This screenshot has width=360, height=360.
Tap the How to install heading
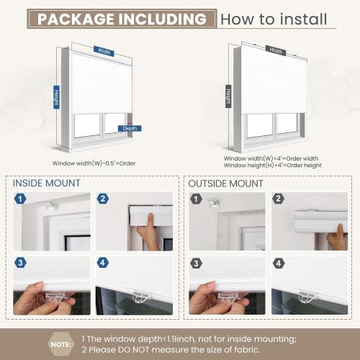(x=274, y=19)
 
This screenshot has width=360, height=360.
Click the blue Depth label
(x=130, y=129)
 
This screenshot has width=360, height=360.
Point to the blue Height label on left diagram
(x=55, y=96)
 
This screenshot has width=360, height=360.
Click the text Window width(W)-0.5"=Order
(x=94, y=163)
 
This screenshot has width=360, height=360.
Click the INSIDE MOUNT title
(x=46, y=183)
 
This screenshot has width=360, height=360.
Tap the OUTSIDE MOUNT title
(x=225, y=183)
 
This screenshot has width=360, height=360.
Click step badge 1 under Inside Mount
(x=21, y=199)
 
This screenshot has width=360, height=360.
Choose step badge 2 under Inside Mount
(x=102, y=199)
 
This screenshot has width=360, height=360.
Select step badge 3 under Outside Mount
(x=197, y=264)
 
